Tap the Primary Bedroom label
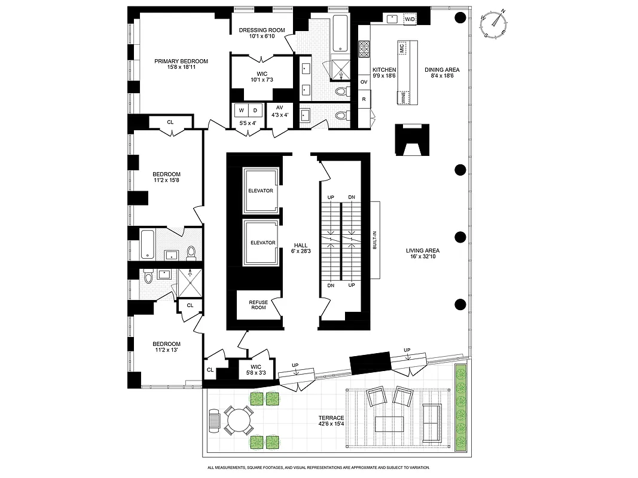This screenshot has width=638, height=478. pyautogui.click(x=181, y=62)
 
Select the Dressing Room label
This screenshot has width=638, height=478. pyautogui.click(x=262, y=30)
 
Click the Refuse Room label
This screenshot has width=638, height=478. pyautogui.click(x=258, y=305)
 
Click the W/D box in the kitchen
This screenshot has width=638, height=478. pyautogui.click(x=410, y=20)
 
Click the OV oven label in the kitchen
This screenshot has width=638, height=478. pyautogui.click(x=364, y=82)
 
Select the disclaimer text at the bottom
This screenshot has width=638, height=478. pyautogui.click(x=319, y=468)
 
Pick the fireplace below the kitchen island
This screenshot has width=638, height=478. pyautogui.click(x=411, y=140)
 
